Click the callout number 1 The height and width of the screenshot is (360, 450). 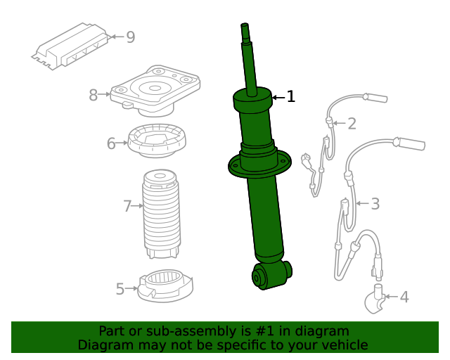tap(290, 97)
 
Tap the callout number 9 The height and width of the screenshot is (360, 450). tap(130, 37)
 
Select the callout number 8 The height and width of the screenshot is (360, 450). tap(94, 95)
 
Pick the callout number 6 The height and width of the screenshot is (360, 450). tap(111, 143)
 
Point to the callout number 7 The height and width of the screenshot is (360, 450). tap(127, 206)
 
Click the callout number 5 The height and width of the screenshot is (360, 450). tap(120, 288)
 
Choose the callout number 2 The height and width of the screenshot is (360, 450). tap(352, 124)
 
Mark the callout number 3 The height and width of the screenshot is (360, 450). tap(375, 204)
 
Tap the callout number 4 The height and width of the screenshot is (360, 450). tap(404, 297)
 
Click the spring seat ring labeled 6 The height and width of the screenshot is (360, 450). tap(156, 141)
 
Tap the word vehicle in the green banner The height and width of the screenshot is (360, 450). tap(342, 345)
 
